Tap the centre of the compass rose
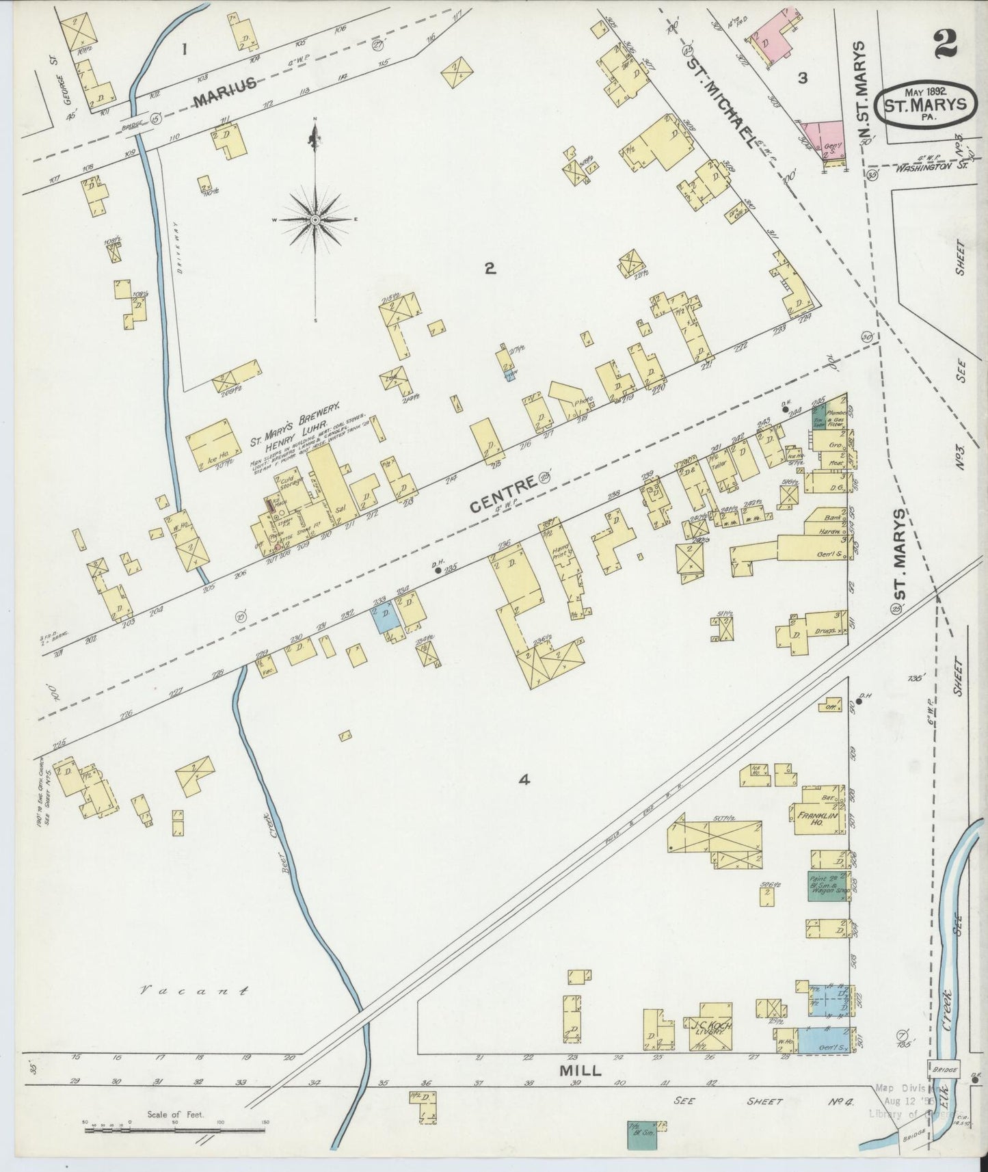pyautogui.click(x=315, y=219)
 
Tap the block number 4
pyautogui.click(x=524, y=780)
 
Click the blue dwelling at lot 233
pyautogui.click(x=384, y=619)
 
